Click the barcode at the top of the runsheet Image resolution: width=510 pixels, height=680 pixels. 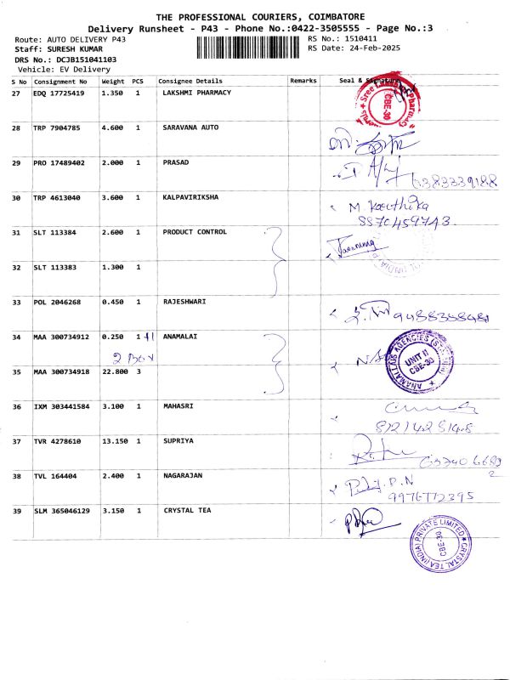click(x=249, y=47)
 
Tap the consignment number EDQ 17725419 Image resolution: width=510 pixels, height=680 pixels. click(x=59, y=93)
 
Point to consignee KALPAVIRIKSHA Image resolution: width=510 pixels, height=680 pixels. click(x=190, y=197)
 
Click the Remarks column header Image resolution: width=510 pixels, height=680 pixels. click(x=303, y=80)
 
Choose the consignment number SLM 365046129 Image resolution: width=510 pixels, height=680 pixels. click(x=60, y=511)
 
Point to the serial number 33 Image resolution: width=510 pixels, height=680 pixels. click(x=16, y=302)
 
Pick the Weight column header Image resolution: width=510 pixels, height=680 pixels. click(x=112, y=80)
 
